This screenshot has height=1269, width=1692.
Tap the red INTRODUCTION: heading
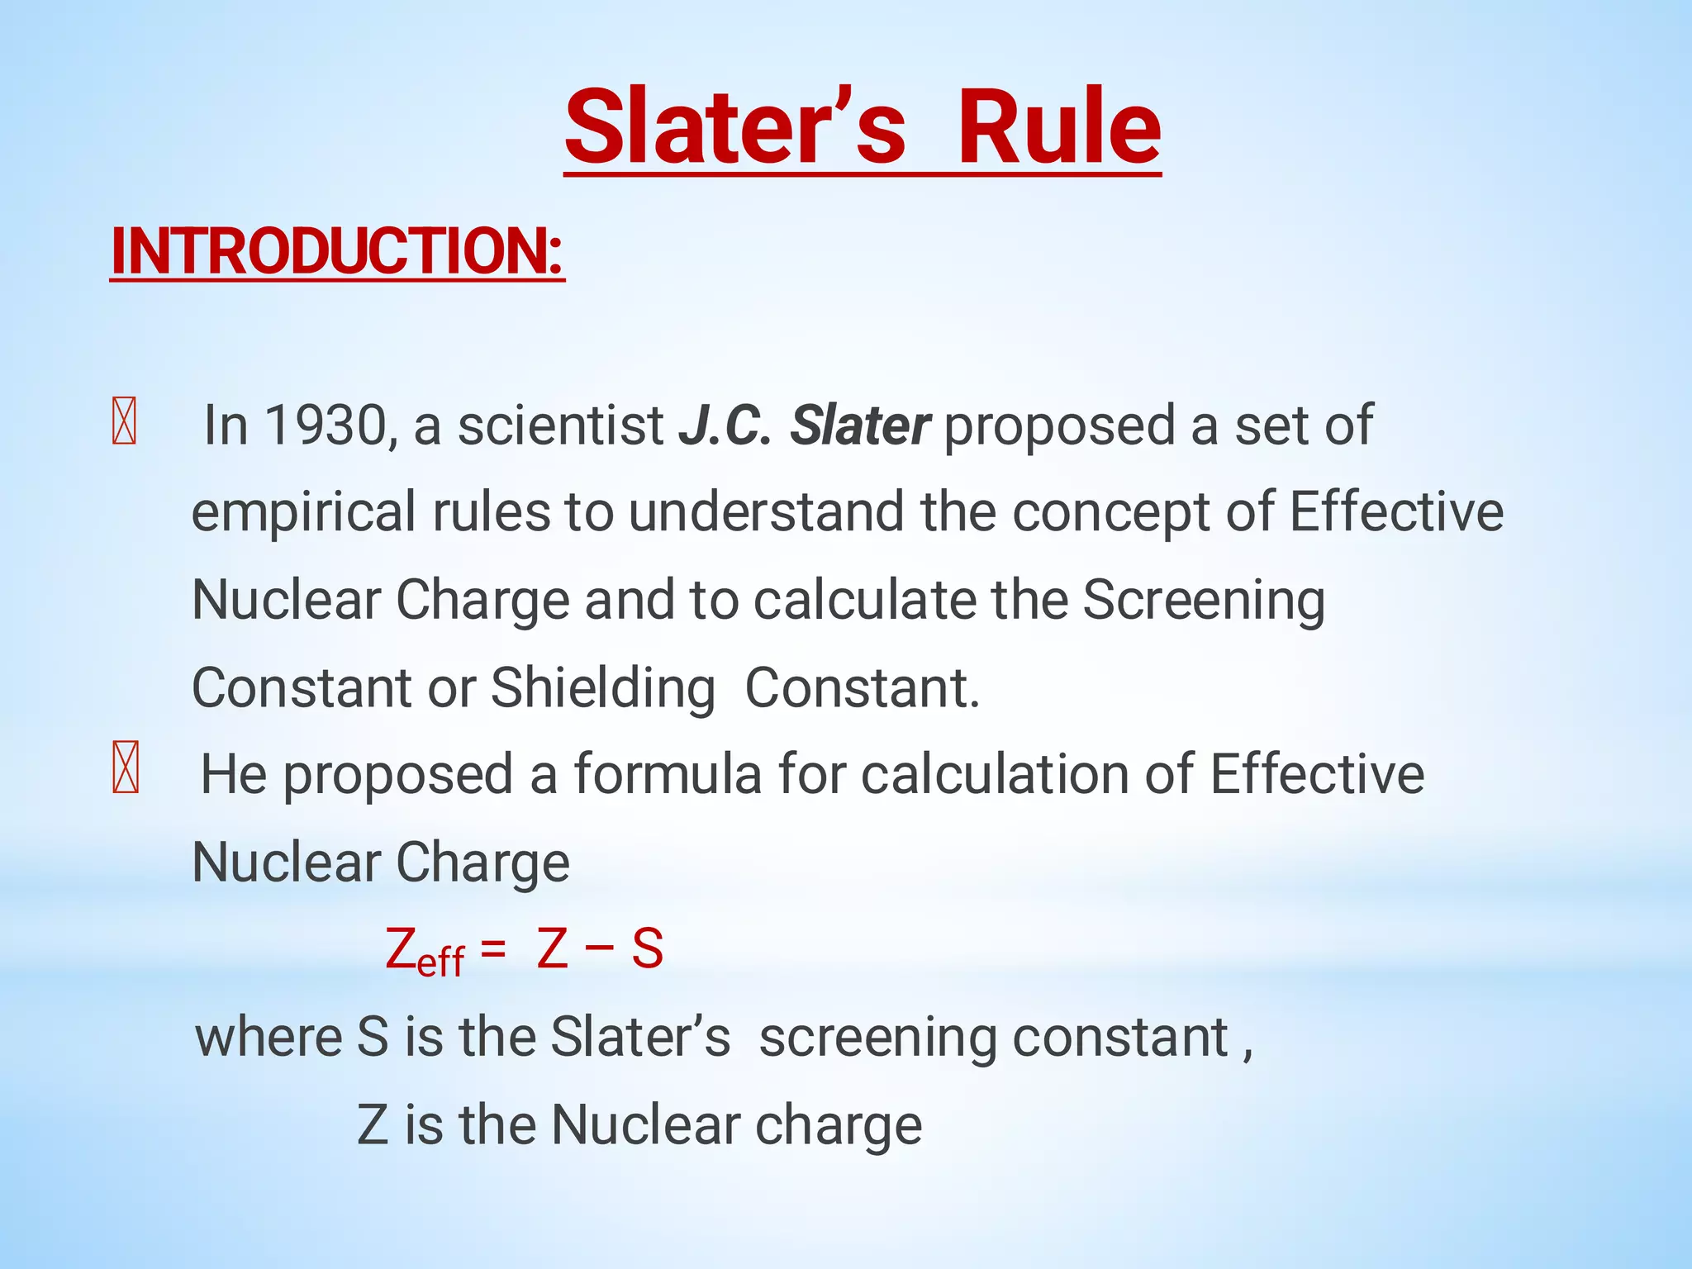[x=337, y=251]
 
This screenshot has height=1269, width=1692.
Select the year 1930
[x=326, y=426]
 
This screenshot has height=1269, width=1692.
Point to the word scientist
[x=561, y=426]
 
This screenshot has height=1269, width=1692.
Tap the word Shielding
[x=603, y=688]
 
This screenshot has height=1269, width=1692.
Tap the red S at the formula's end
[x=648, y=948]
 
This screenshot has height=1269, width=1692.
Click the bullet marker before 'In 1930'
[x=124, y=421]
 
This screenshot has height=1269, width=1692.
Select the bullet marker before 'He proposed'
[x=125, y=768]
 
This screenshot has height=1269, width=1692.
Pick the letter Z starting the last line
[x=373, y=1125]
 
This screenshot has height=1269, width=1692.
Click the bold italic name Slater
[x=860, y=426]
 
